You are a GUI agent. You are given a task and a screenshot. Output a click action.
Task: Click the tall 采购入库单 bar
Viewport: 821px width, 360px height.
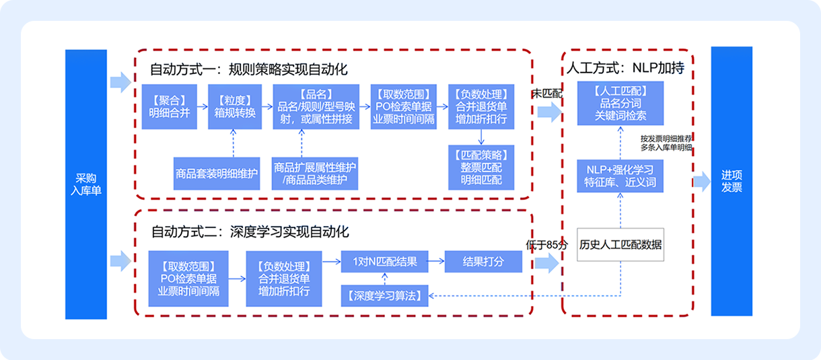tap(86, 184)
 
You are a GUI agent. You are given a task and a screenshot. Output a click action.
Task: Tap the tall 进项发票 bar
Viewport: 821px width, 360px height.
tap(731, 181)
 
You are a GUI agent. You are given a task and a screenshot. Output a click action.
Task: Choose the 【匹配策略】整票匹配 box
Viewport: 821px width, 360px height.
tap(481, 168)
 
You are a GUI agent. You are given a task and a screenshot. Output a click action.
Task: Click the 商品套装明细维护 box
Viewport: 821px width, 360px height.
tap(216, 174)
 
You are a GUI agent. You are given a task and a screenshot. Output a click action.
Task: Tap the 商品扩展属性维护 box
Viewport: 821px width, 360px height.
tap(315, 174)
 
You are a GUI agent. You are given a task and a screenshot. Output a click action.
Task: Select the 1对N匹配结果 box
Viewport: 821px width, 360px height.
tap(384, 262)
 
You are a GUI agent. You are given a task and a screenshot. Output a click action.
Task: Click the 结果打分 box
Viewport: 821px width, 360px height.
tap(483, 262)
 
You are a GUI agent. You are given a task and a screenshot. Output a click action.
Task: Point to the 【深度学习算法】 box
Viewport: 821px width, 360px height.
tap(385, 295)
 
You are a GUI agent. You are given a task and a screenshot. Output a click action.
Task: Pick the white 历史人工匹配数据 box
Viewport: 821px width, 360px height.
tap(620, 244)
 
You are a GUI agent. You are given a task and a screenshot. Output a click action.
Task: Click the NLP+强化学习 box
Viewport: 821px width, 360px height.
tap(620, 175)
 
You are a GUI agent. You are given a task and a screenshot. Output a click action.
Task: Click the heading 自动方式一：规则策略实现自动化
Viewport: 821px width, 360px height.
tap(249, 69)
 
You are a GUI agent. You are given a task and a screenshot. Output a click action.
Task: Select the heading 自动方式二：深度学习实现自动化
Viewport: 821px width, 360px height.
tap(250, 232)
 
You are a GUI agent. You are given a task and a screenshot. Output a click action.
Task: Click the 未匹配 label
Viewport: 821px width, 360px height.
tap(546, 94)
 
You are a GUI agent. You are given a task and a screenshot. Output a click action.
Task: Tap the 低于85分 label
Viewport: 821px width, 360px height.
tap(547, 244)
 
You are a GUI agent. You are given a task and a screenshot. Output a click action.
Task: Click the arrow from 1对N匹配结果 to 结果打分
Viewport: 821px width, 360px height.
tap(435, 262)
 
